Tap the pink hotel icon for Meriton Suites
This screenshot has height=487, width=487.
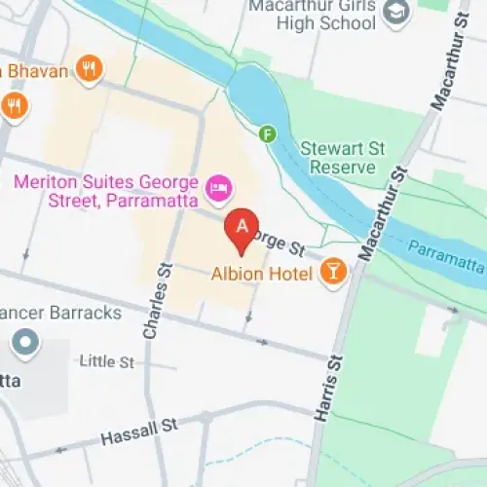point(219,185)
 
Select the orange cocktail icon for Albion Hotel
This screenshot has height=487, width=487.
point(334,273)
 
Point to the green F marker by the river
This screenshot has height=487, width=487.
point(268,134)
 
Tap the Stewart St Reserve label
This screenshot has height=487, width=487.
point(337,159)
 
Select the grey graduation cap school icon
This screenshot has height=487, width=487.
point(395,12)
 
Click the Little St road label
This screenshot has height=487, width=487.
point(106,362)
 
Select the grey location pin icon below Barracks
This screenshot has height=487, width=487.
point(23,343)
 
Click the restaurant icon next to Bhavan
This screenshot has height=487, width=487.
point(90,68)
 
